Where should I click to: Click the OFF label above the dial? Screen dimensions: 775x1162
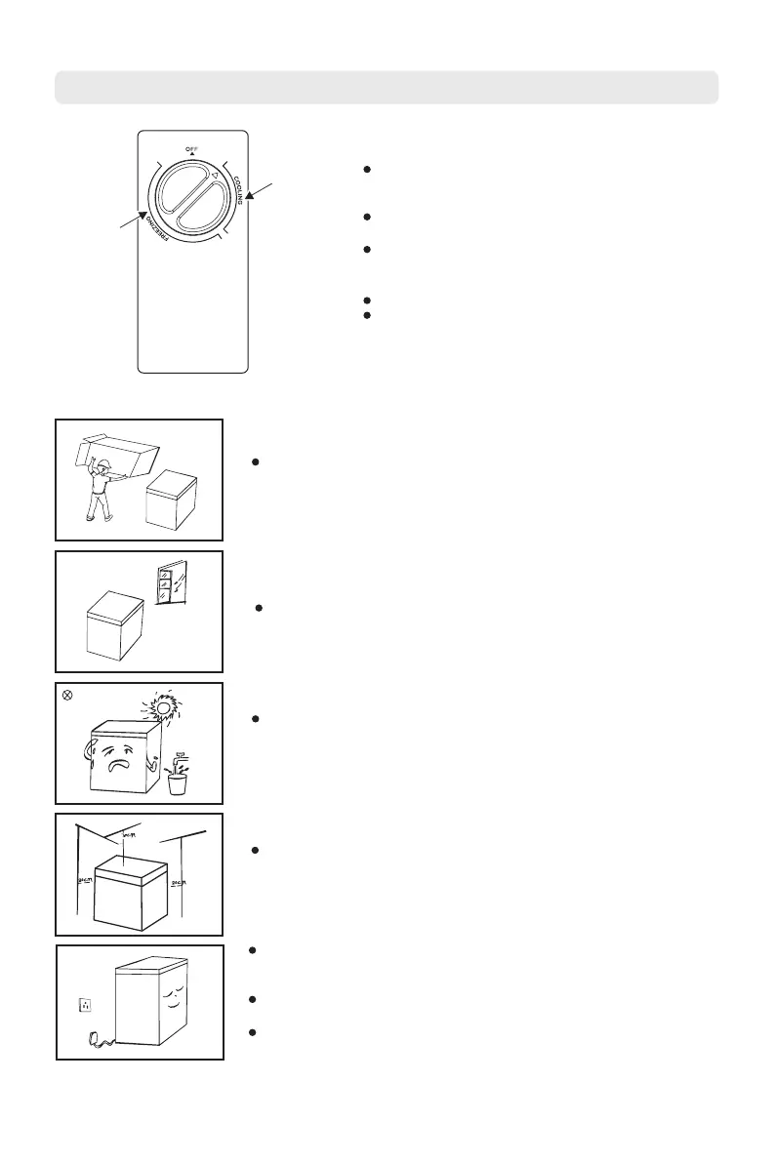point(192,147)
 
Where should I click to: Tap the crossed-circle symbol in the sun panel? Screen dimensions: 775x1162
point(66,694)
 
